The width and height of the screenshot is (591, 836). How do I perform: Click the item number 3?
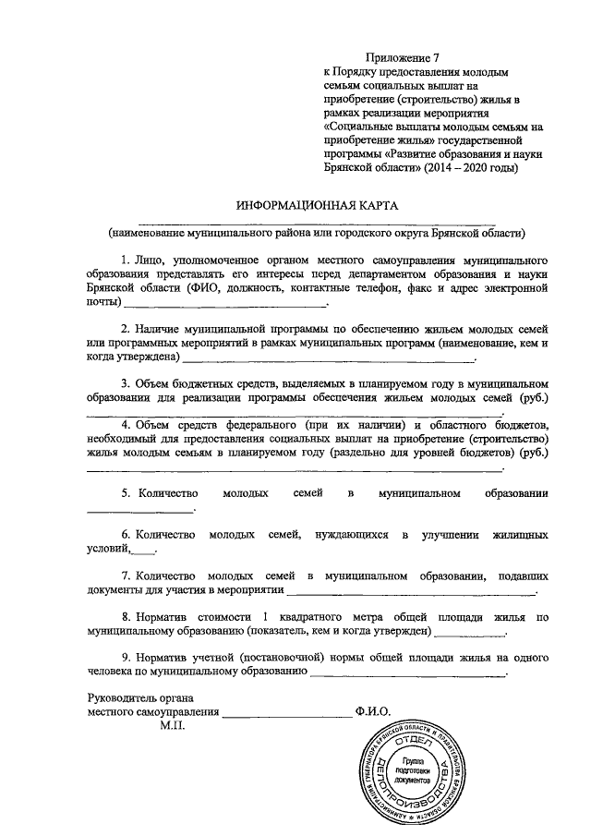pyautogui.click(x=126, y=382)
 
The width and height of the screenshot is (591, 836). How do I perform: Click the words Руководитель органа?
pyautogui.click(x=140, y=697)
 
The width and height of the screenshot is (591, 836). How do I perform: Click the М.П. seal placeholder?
pyautogui.click(x=172, y=726)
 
